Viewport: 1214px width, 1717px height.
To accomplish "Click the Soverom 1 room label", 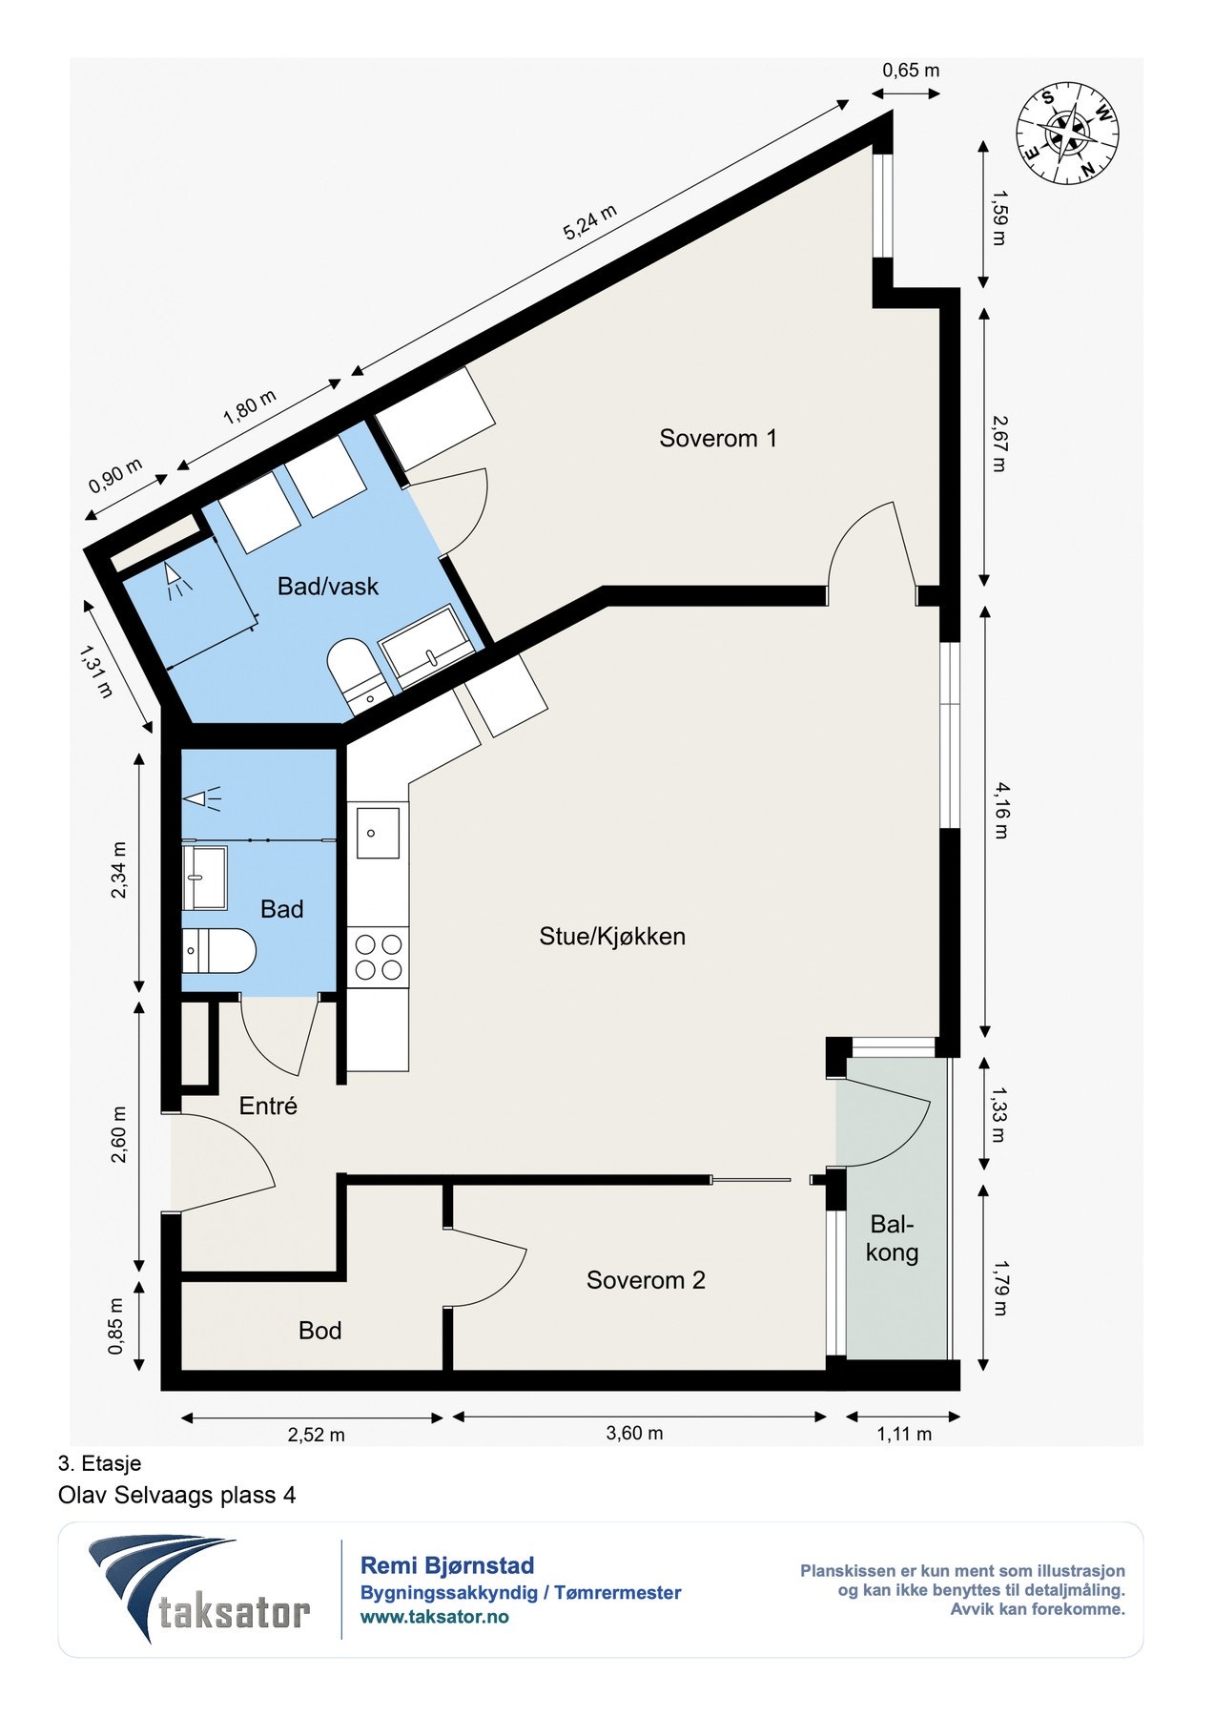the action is [x=718, y=438].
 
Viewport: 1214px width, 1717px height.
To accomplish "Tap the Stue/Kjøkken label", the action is [x=612, y=937].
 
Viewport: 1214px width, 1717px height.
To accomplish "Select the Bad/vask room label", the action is [x=328, y=586].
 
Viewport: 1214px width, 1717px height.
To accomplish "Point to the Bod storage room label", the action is [x=319, y=1331].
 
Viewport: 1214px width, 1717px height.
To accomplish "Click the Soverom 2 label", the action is [x=646, y=1280].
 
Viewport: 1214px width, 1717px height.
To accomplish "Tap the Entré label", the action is [x=268, y=1106].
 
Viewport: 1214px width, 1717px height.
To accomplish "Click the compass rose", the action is [x=1067, y=134].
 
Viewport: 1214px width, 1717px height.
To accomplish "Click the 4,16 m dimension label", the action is [x=998, y=810].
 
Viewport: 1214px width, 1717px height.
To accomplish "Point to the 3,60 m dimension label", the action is [x=634, y=1433].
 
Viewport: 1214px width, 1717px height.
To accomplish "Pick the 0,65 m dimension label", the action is [x=911, y=70].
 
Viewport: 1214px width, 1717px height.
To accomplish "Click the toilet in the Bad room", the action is [x=219, y=951].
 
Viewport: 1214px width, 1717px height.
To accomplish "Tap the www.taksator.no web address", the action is [x=434, y=1617].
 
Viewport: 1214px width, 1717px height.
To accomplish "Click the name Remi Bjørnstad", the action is [x=447, y=1565].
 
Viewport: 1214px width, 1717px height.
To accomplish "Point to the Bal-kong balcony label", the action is [x=892, y=1238].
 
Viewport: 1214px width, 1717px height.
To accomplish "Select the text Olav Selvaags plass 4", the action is [x=176, y=1495].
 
